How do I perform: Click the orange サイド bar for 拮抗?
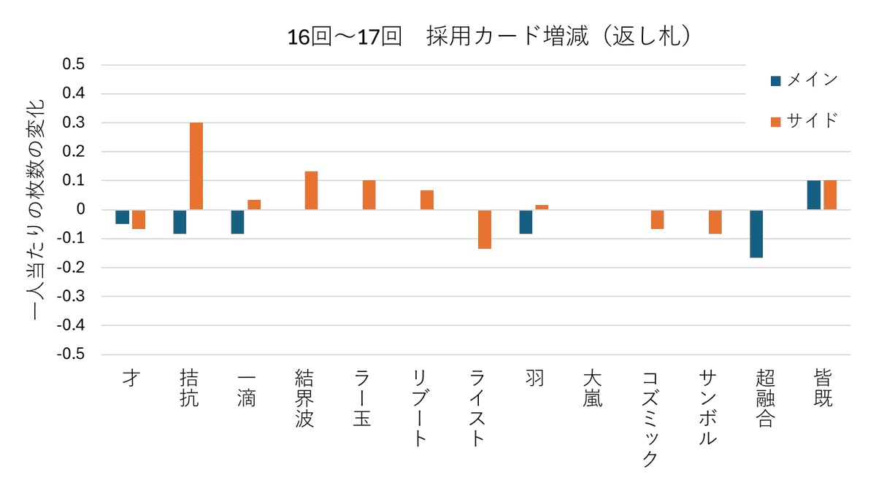point(196,166)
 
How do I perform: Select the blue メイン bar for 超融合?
point(756,233)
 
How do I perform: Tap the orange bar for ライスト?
point(485,229)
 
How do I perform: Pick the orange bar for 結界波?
point(312,190)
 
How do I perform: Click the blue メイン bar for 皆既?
point(814,195)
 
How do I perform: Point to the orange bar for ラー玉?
point(369,195)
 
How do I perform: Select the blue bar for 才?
point(123,217)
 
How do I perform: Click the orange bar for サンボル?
point(715,222)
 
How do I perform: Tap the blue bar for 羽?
point(526,222)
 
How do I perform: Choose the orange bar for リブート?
point(427,200)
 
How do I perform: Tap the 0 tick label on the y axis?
point(80,209)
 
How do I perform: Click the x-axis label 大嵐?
point(593,390)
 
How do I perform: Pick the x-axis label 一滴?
point(247,390)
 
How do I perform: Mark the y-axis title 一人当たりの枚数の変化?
point(39,210)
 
